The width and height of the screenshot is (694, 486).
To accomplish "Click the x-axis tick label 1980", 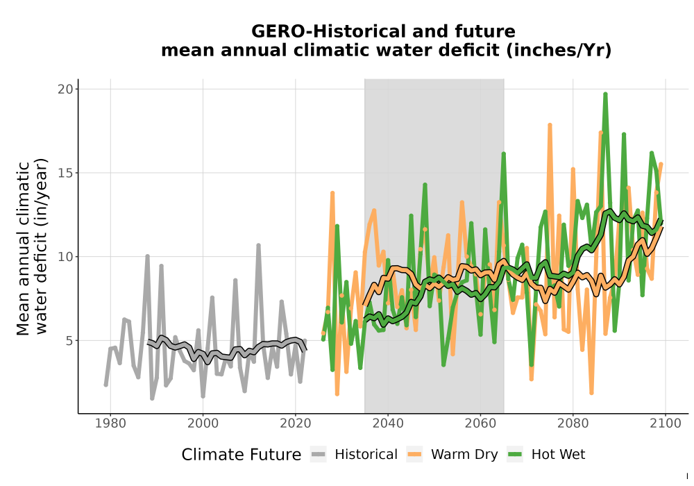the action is (110, 424).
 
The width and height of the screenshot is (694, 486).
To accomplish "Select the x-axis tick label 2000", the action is (203, 424).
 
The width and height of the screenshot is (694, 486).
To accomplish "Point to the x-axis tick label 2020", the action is (295, 424).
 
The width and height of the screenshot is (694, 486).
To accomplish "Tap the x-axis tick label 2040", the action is (388, 424).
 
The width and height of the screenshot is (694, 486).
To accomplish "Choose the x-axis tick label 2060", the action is (480, 424).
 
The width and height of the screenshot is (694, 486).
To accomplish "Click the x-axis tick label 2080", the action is (573, 424).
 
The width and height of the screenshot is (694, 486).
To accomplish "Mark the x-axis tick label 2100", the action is (666, 424).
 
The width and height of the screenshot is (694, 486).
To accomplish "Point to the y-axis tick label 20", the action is (65, 89).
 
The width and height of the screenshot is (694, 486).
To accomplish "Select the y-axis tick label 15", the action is (65, 173).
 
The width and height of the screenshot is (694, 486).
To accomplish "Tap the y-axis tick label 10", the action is (65, 257).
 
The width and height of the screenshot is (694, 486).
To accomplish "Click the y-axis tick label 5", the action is (69, 341).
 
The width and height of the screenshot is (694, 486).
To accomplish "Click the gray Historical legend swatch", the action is (319, 455).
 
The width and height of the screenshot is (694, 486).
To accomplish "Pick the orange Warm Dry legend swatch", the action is (414, 455).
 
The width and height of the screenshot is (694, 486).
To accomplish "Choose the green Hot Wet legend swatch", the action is (515, 455).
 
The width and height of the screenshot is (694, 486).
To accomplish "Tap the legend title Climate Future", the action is (242, 455).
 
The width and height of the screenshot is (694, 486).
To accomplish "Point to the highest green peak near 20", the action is (605, 94).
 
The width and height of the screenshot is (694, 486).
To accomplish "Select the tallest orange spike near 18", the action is (550, 125).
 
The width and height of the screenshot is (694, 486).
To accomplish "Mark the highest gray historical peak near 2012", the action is (258, 245).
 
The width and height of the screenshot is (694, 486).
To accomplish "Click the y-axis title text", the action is (31, 247).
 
